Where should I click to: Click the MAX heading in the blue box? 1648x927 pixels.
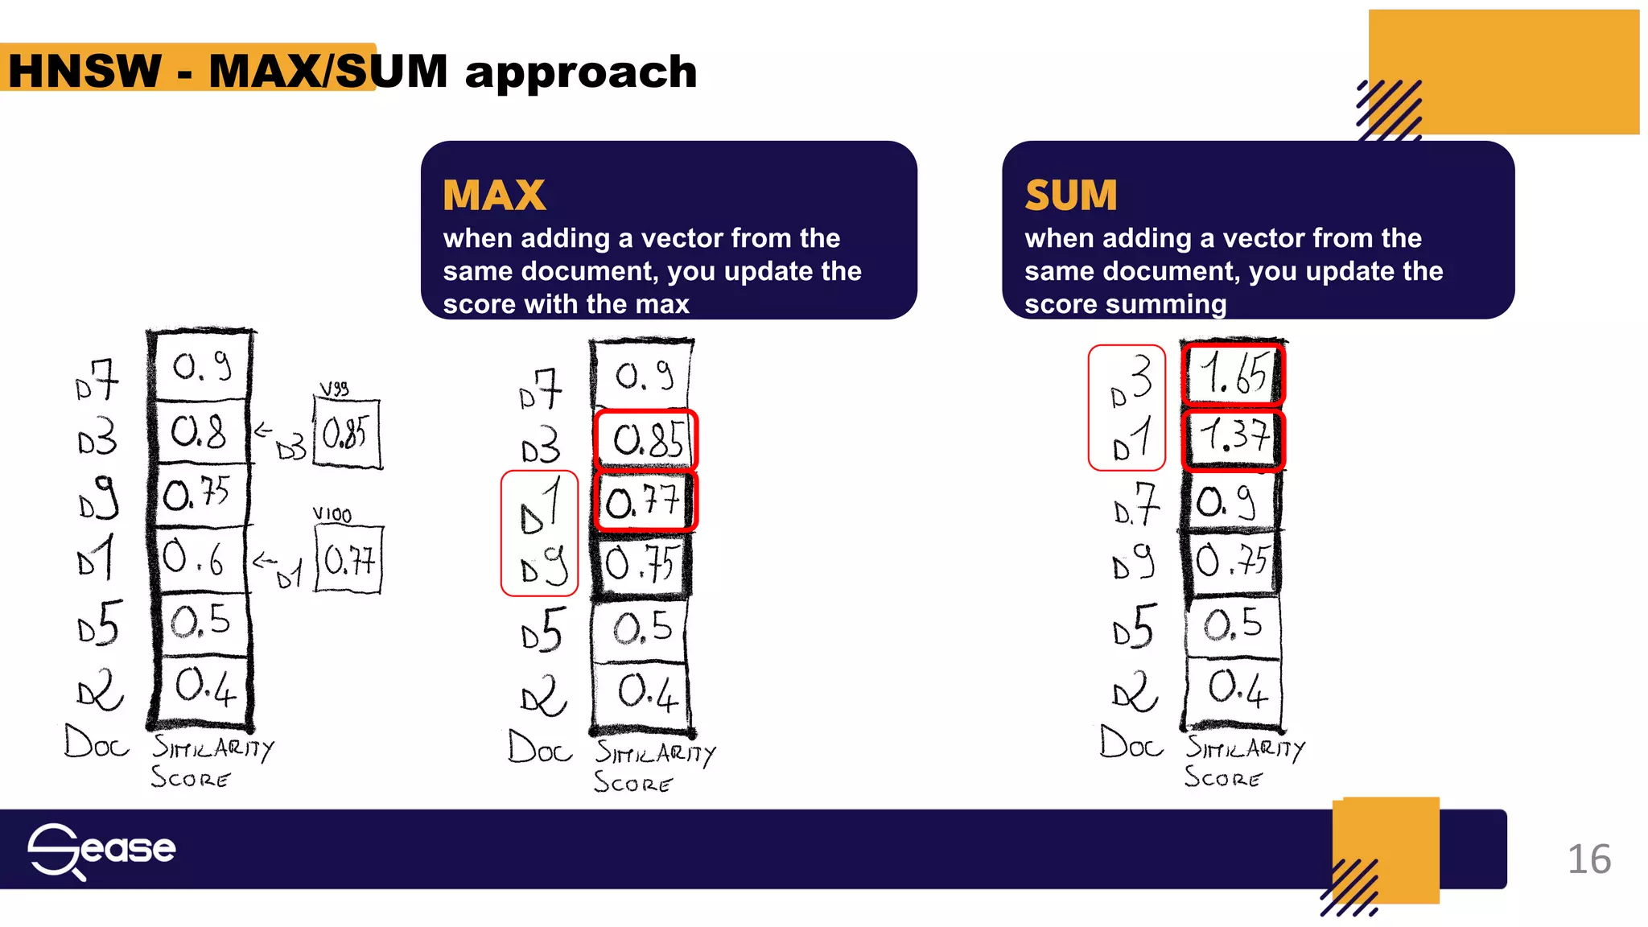tap(494, 196)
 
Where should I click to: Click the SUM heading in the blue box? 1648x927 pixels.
tap(1071, 196)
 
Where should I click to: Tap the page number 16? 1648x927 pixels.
tap(1588, 859)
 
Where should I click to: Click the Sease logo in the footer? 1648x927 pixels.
tap(101, 851)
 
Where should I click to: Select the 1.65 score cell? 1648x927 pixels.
tap(1233, 374)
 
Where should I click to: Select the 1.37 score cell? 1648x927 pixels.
tap(1233, 439)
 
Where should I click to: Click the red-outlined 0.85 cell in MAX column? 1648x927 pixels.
tap(646, 439)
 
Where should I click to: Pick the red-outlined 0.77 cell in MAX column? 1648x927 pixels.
tap(645, 502)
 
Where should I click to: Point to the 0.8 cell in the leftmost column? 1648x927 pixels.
tap(200, 433)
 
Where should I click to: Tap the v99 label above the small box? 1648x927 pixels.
tap(334, 389)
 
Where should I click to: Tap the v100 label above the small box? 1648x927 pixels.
tap(332, 514)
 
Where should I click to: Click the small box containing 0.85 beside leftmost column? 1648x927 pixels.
tap(346, 434)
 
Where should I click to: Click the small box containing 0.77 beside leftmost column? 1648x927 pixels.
tap(348, 559)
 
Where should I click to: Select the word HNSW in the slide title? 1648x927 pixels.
tap(84, 71)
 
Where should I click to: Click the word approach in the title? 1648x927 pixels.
tap(581, 72)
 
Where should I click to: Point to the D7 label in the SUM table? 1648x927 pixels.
tap(1136, 505)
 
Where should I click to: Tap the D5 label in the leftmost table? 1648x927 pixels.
tap(99, 624)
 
